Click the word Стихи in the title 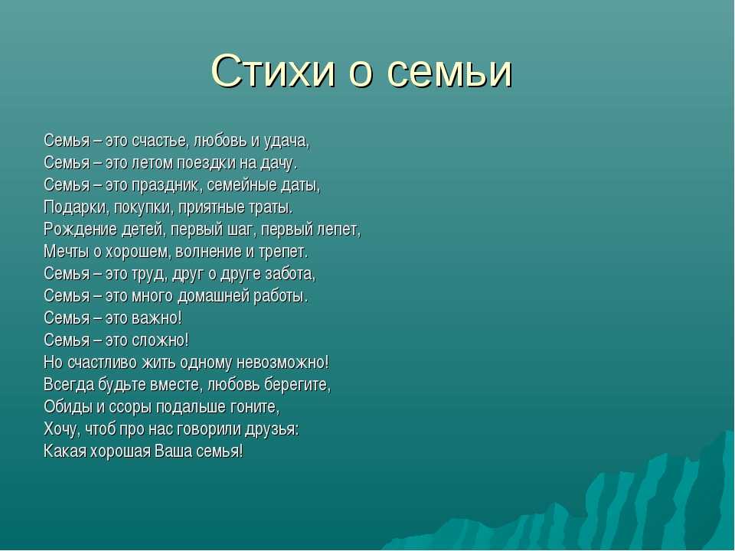[274, 70]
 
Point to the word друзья [274, 429]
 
